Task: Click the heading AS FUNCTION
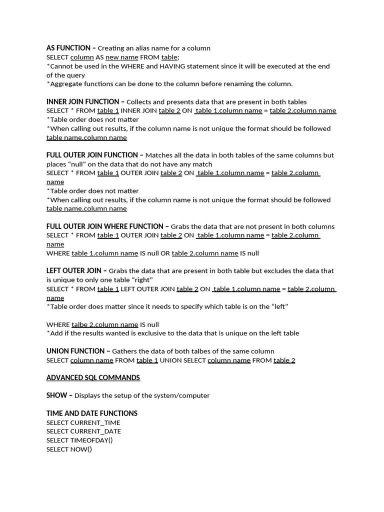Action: (x=69, y=48)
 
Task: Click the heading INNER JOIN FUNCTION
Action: (x=83, y=101)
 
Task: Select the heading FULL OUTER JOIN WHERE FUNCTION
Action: (x=105, y=226)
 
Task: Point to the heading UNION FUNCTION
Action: (x=76, y=351)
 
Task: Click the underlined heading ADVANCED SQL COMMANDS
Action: (x=93, y=377)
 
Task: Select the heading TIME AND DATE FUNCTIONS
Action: (x=91, y=413)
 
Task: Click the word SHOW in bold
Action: (x=56, y=395)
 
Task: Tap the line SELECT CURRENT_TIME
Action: (x=83, y=422)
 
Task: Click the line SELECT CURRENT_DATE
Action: (x=83, y=431)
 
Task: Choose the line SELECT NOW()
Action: (x=69, y=449)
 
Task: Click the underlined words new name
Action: (x=121, y=57)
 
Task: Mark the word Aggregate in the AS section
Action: (x=67, y=83)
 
